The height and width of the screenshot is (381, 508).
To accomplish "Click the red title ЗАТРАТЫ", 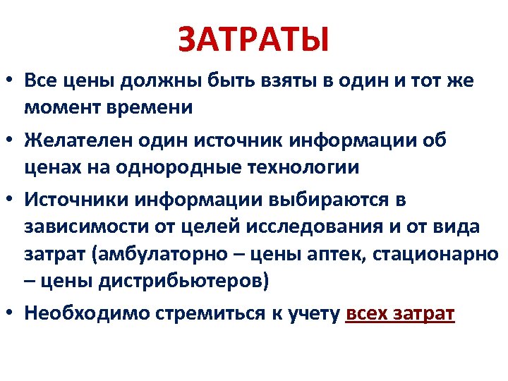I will [253, 39].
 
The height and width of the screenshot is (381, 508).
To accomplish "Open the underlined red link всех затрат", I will [401, 313].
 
